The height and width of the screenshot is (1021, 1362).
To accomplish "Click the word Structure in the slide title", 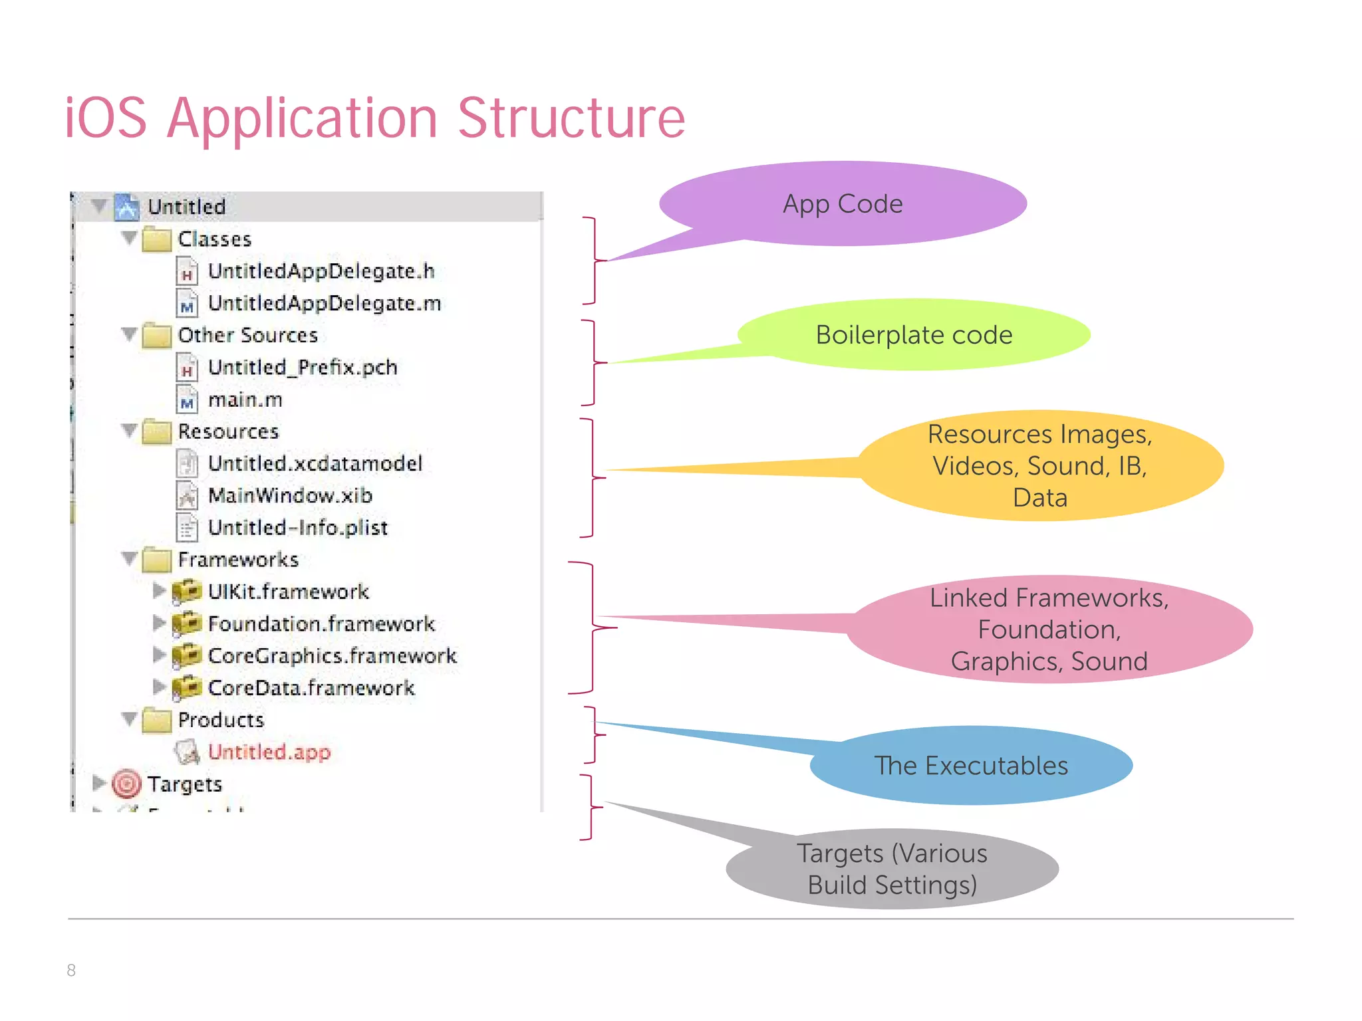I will (571, 118).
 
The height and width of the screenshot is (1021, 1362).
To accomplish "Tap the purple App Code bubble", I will (843, 204).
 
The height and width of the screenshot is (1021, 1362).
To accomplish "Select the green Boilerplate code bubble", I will (914, 335).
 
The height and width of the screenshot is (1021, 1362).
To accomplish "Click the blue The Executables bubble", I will (970, 766).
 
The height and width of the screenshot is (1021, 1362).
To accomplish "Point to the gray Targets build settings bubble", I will (892, 869).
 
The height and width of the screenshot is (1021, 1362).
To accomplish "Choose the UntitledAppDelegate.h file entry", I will (321, 271).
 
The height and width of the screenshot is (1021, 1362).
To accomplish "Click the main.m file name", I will (245, 399).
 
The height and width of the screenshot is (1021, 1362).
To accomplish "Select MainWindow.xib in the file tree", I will (290, 495).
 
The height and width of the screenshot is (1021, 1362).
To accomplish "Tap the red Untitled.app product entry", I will (269, 752).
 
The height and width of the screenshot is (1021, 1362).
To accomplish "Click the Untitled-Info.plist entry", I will (297, 528).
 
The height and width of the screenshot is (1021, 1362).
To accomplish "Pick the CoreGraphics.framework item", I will (332, 656).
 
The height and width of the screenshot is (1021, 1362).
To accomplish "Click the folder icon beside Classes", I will (156, 239).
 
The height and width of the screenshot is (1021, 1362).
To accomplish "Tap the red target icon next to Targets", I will (126, 784).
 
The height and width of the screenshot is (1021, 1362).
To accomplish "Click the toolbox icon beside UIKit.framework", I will (186, 591).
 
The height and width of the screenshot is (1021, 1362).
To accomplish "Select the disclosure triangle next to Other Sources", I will (129, 334).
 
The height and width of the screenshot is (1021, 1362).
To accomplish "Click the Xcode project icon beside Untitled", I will (126, 207).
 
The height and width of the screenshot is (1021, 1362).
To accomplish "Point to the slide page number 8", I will (71, 970).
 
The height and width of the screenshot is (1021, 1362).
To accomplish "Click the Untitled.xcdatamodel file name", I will (315, 463).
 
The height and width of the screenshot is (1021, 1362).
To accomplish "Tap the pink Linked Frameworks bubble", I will (1049, 629).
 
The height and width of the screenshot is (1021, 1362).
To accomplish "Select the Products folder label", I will (221, 720).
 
